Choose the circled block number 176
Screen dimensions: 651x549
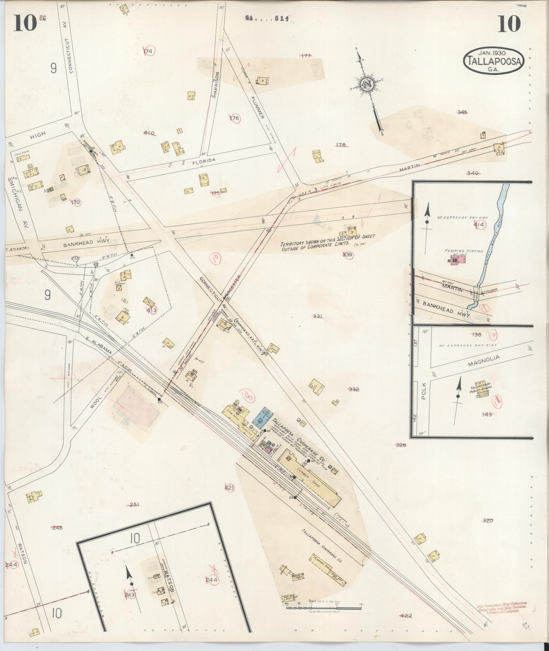(235, 118)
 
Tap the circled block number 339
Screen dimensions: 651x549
(348, 255)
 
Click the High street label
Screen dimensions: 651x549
(38, 135)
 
